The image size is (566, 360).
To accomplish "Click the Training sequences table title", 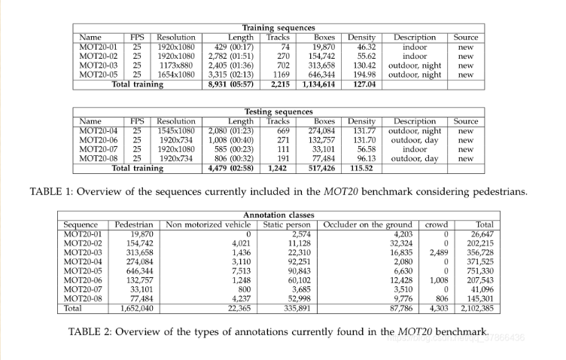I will [x=278, y=28].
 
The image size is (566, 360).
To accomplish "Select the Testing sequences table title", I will [x=278, y=112].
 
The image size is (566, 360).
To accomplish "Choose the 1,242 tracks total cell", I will [x=277, y=168].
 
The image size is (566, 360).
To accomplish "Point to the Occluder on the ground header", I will [x=368, y=224].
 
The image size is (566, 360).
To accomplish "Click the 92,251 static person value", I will [x=298, y=261].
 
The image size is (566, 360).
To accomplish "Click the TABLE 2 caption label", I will [x=93, y=331].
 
